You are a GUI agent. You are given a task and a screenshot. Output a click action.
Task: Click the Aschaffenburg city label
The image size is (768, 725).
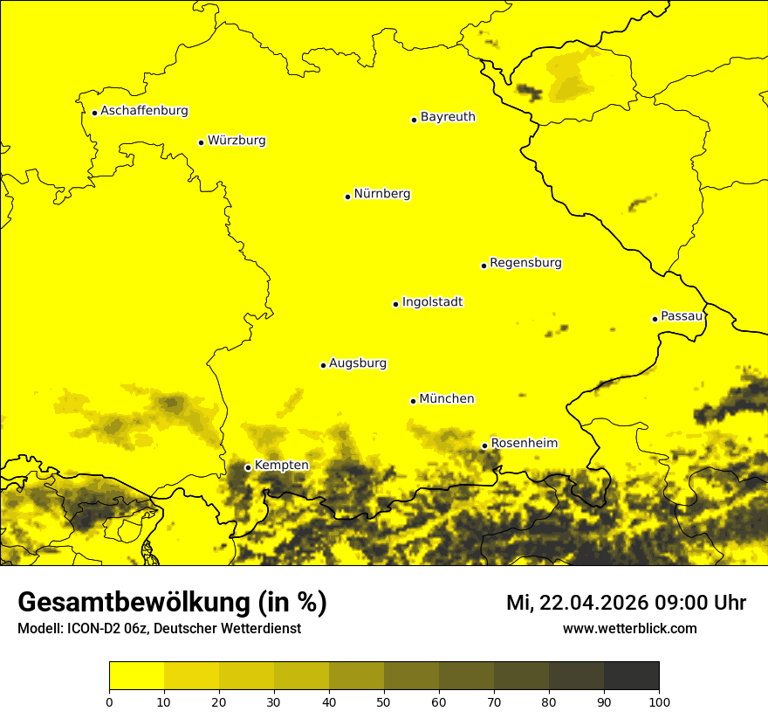144,111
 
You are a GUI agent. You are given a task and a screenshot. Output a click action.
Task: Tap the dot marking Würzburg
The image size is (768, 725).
201,142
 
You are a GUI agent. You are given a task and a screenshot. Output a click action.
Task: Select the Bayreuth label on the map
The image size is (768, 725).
448,117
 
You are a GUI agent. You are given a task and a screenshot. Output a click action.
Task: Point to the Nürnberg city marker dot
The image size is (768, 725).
347,197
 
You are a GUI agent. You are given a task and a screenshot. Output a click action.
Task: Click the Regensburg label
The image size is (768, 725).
525,263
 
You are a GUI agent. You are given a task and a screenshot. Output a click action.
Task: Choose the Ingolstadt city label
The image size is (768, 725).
432,302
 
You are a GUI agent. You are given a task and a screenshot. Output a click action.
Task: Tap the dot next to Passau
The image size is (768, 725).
655,319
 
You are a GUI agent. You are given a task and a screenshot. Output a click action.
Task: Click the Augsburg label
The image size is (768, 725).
358,363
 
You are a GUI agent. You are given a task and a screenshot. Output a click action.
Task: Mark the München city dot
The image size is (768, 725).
413,401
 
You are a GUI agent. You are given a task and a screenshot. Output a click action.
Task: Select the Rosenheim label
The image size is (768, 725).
524,444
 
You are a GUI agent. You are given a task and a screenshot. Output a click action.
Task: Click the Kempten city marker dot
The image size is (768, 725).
248,467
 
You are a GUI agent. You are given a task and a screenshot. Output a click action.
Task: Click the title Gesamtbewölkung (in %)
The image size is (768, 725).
172,603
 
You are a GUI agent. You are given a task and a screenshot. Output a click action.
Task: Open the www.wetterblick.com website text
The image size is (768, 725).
629,628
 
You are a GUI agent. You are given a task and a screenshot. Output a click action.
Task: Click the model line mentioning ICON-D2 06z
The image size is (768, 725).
159,628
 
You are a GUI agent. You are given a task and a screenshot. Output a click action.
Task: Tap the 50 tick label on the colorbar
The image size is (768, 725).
384,701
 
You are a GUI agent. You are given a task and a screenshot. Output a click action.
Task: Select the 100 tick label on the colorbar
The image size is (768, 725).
659,701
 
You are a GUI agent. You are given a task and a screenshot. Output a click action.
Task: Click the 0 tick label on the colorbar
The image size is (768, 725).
109,701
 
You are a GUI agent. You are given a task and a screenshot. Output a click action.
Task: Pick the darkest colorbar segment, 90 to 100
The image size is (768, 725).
631,675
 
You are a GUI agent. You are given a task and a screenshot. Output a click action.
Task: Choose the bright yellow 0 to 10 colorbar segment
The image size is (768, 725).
136,675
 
